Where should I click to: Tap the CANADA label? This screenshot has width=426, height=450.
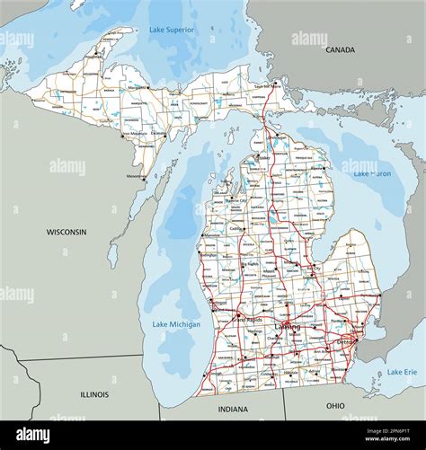coord(340,50)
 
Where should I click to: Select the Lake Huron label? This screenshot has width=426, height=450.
coord(371,173)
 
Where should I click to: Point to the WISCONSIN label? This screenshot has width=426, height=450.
coord(67,232)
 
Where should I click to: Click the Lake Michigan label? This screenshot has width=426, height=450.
coord(176,324)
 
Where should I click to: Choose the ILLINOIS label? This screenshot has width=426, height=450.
coord(94,394)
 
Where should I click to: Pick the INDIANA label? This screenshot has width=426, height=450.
coord(233,410)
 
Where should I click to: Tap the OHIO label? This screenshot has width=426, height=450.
coord(335,406)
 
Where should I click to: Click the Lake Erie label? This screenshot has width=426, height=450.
coord(402,372)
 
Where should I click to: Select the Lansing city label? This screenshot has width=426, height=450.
coord(288,328)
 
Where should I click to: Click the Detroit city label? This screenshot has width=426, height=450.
coord(346,342)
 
